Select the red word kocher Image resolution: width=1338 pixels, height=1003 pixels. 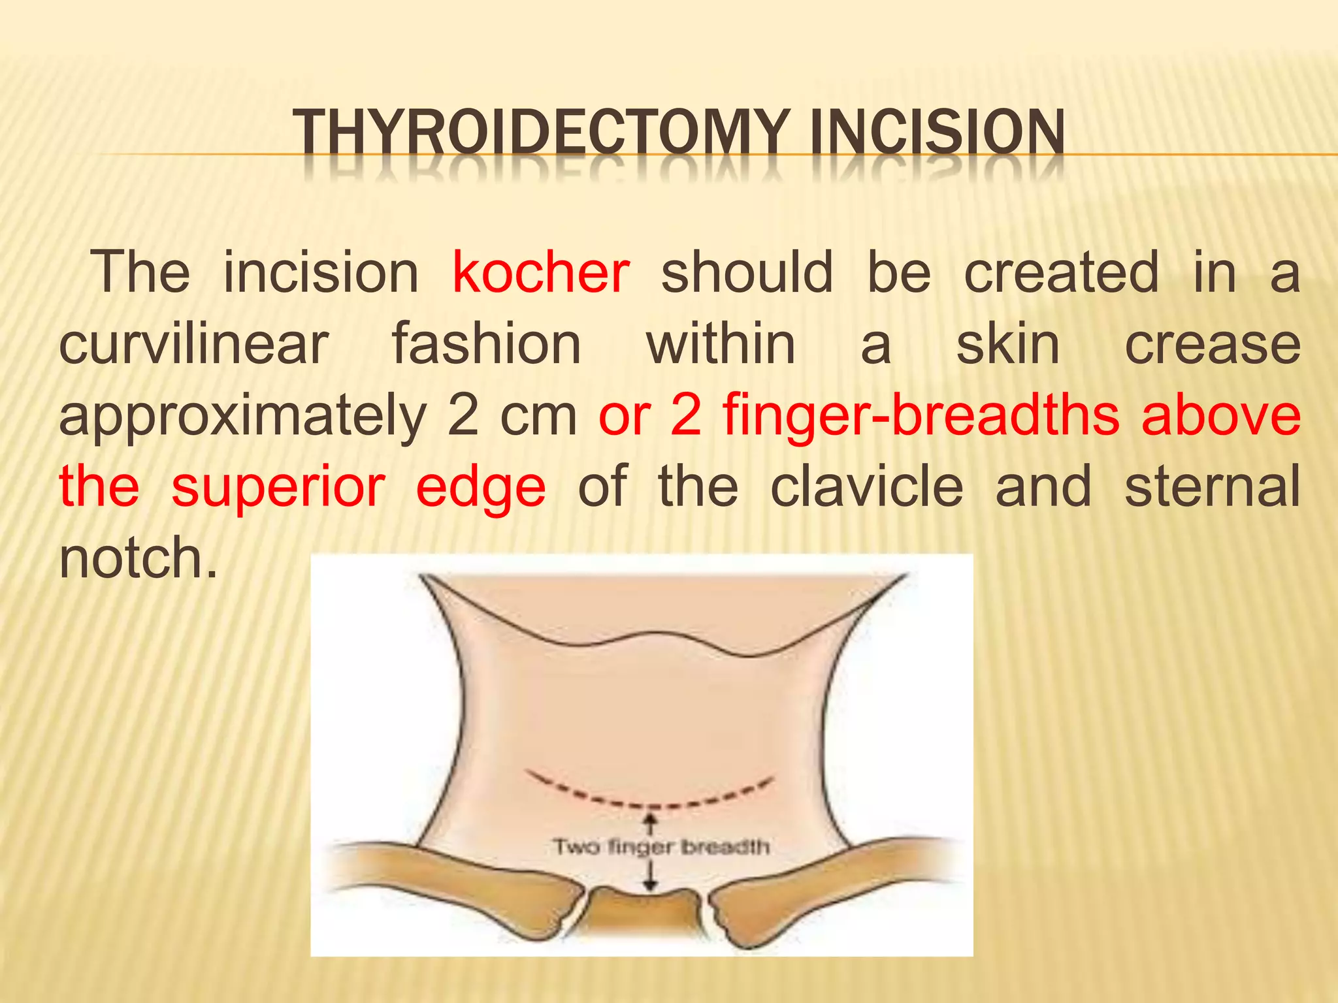tap(540, 273)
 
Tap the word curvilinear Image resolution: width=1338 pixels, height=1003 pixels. tap(193, 344)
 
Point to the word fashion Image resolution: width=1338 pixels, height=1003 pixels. tap(486, 344)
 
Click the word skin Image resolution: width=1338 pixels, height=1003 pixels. tap(1007, 344)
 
